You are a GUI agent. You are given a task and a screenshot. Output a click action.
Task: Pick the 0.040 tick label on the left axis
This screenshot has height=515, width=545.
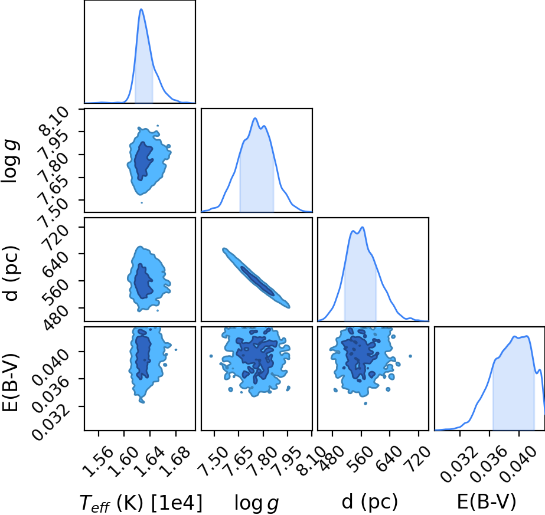tap(51, 368)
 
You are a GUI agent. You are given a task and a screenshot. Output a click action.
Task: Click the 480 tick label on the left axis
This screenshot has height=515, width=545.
tap(56, 319)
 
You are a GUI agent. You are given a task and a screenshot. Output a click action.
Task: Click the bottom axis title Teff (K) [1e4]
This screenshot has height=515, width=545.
tap(141, 503)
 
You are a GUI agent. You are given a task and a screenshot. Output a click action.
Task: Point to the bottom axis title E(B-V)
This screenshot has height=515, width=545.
tap(487, 501)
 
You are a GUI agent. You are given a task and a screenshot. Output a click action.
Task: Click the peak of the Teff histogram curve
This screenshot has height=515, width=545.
tap(141, 9)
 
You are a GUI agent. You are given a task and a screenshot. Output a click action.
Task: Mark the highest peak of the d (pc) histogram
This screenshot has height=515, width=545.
tap(363, 227)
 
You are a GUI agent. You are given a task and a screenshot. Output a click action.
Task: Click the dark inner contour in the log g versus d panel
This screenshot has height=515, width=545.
tap(257, 281)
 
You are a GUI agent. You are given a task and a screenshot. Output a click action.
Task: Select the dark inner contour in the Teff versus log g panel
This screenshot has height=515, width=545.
tap(143, 161)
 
